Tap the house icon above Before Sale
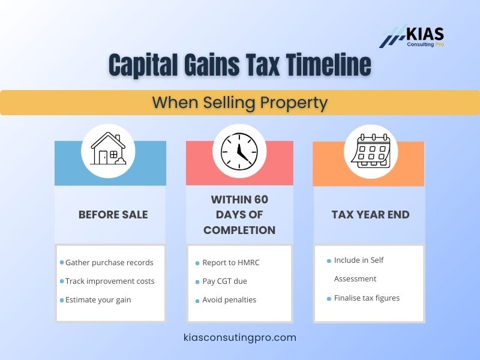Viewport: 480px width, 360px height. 109,149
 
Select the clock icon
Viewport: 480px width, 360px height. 239,151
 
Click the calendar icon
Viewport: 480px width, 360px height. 370,151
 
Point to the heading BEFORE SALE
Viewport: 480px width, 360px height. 113,215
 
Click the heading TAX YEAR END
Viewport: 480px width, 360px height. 370,215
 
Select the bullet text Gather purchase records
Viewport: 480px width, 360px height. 109,262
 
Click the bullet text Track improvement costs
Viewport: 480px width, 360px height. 110,281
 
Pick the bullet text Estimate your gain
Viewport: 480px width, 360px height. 98,299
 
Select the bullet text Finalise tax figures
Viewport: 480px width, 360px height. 367,298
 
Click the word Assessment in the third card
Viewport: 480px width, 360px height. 355,278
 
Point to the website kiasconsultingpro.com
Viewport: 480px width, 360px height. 240,337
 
